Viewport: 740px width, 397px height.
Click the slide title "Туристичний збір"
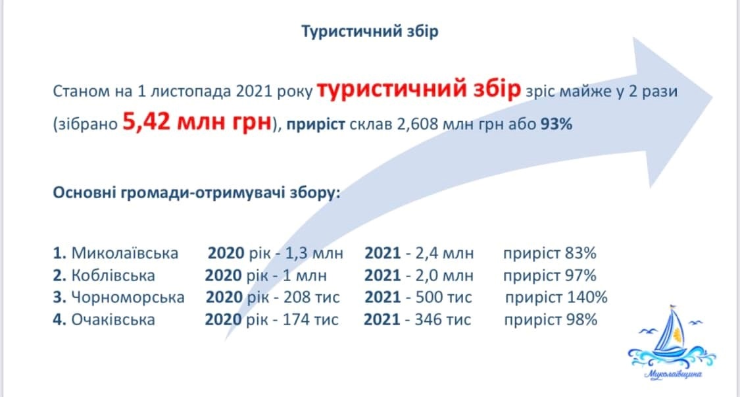370,32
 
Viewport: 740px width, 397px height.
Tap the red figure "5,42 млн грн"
197,123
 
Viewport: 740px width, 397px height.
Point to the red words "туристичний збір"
418,90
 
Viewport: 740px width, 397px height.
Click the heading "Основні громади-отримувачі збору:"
196,194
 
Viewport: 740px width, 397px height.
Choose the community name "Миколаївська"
124,253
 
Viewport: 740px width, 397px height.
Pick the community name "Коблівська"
112,275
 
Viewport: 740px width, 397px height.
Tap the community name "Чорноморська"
128,298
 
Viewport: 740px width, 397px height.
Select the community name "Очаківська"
112,320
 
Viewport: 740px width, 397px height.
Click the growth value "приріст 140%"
556,298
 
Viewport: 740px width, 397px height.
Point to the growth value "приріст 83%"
550,253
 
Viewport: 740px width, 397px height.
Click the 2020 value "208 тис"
312,298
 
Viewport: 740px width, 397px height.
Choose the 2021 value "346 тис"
443,320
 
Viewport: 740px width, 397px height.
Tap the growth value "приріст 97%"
550,275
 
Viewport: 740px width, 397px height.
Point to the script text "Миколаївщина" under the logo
672,375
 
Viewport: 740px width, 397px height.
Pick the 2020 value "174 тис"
310,320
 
